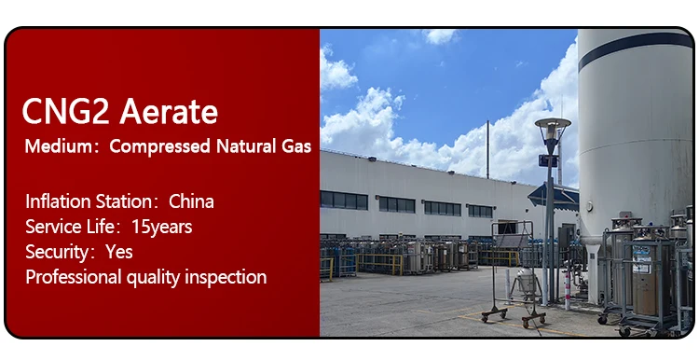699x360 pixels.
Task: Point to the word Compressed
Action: [x=161, y=146]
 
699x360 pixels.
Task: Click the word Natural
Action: [x=249, y=146]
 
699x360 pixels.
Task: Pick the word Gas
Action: [x=297, y=146]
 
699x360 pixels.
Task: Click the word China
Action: [x=192, y=201]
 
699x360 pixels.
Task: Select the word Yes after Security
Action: [x=119, y=252]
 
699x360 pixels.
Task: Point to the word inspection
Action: [x=225, y=277]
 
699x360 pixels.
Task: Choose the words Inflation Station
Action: [x=88, y=201]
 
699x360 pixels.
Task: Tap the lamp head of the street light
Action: [x=553, y=124]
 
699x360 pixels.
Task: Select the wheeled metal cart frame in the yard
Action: [x=513, y=275]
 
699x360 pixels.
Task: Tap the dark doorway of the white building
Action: [x=507, y=228]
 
